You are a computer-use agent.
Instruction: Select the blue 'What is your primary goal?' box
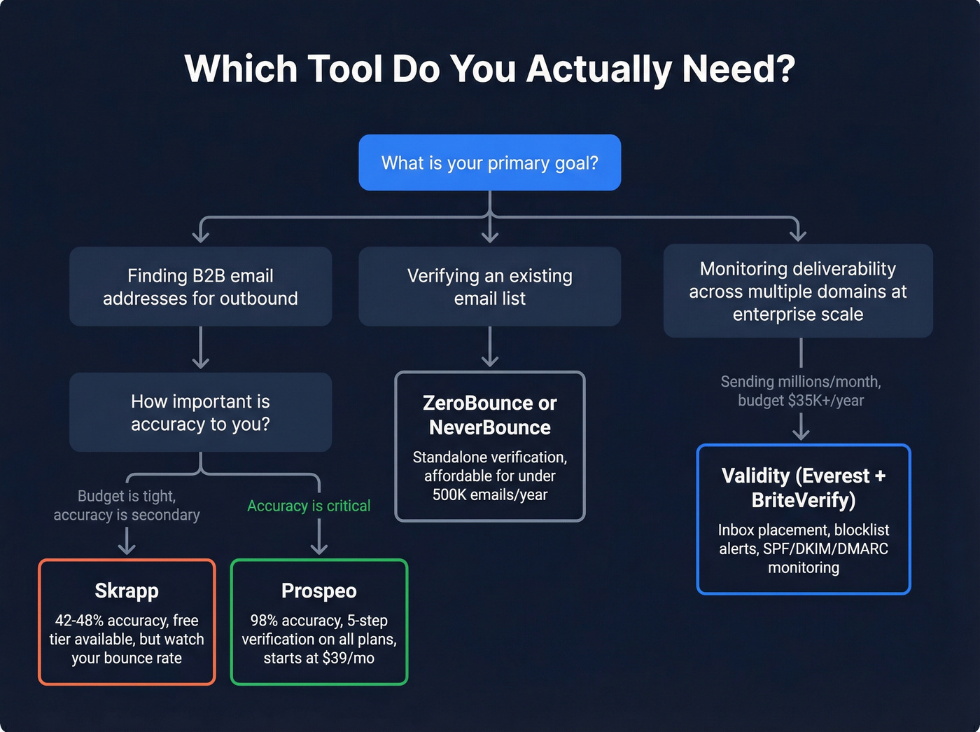point(489,163)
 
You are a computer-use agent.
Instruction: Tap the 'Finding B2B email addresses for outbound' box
point(200,286)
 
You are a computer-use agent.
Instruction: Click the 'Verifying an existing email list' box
point(489,286)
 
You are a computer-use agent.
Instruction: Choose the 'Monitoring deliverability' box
point(797,291)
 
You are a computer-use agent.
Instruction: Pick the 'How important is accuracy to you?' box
point(200,412)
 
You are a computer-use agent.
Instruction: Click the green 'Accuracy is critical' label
point(309,506)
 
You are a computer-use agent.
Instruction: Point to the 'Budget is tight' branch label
point(127,496)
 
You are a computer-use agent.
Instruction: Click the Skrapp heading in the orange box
point(127,591)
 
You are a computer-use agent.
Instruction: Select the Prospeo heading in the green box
point(318,591)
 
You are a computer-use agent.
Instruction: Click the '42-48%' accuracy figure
point(78,621)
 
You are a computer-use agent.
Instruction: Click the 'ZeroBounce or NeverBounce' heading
point(489,415)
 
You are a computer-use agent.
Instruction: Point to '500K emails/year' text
point(489,495)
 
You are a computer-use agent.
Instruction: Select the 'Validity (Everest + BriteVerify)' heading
point(804,488)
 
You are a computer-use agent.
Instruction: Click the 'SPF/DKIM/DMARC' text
point(825,548)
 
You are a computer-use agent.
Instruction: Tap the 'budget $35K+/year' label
point(801,401)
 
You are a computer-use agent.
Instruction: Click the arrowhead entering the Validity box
point(801,434)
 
